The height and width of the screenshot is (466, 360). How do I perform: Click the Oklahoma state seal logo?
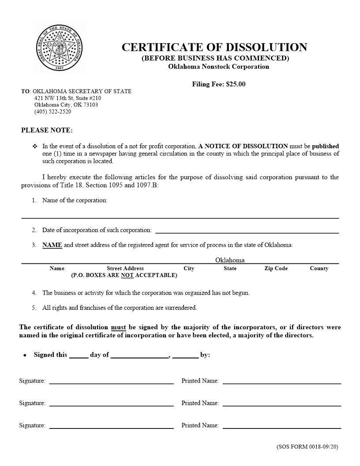(59, 48)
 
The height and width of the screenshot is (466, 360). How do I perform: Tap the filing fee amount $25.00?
(236, 84)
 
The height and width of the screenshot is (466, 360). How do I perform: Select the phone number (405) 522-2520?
(52, 112)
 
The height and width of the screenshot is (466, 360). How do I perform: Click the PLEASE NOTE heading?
(47, 130)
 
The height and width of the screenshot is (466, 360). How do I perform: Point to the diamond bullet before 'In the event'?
(35, 146)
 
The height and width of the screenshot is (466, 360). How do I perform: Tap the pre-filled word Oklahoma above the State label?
(229, 260)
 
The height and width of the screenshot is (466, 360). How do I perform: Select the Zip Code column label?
(276, 268)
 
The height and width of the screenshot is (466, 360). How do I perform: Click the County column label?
(319, 268)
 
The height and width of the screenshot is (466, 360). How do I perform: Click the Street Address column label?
(125, 268)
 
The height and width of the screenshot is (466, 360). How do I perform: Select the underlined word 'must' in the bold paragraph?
(118, 327)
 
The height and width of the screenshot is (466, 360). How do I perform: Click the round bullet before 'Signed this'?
(25, 355)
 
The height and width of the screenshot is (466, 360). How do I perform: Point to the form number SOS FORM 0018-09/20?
(307, 447)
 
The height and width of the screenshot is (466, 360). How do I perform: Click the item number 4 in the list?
(34, 293)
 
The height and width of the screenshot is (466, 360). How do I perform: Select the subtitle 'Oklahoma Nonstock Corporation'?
(218, 67)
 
